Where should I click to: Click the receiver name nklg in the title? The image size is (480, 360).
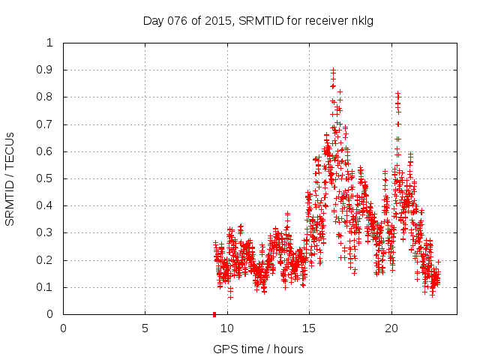[360, 20]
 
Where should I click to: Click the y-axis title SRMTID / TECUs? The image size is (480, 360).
[10, 178]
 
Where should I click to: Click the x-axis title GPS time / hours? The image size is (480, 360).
[258, 349]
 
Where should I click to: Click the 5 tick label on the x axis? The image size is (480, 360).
[145, 328]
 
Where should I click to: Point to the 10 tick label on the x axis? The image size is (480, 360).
[227, 328]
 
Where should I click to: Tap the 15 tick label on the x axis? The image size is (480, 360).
[309, 328]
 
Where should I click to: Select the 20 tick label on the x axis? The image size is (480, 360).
[391, 328]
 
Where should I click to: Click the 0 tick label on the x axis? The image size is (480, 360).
[63, 328]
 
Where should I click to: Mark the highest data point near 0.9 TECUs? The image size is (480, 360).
[333, 70]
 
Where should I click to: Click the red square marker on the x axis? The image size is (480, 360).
[214, 314]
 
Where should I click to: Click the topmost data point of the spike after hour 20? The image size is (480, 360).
[397, 94]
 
